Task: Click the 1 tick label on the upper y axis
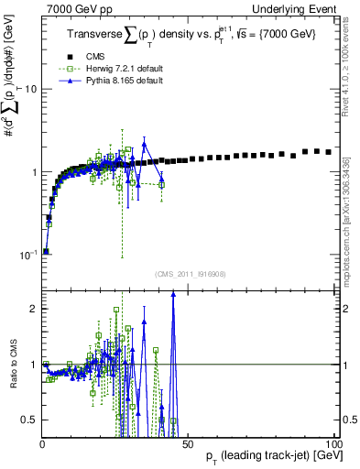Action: (34, 172)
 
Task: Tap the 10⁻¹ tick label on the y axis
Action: (28, 254)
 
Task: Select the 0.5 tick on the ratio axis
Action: (30, 420)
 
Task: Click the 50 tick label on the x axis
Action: (188, 443)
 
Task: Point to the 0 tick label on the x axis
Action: (42, 443)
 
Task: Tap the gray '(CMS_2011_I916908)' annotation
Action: (190, 273)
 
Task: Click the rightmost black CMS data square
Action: (329, 151)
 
